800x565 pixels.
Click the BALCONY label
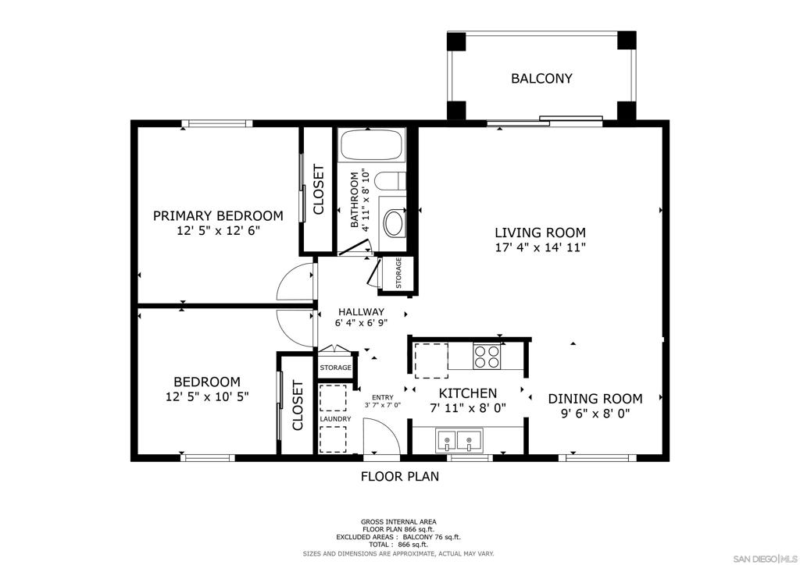tap(541, 79)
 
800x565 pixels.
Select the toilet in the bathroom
tap(390, 181)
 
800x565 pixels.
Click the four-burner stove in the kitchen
tap(487, 357)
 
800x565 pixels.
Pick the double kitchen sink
tap(459, 440)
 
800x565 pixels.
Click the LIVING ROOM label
tap(541, 233)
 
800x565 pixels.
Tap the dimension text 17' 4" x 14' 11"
tap(541, 248)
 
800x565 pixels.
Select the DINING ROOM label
tap(595, 399)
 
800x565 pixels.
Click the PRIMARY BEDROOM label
tap(219, 216)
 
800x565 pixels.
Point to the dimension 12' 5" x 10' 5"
tap(207, 396)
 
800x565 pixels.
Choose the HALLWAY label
tap(361, 312)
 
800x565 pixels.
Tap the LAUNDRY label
tap(336, 419)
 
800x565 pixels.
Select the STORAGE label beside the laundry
tap(336, 368)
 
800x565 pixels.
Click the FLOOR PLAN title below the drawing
tap(400, 476)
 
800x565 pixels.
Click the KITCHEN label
tap(468, 393)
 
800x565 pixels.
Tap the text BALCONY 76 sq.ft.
tap(431, 537)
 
